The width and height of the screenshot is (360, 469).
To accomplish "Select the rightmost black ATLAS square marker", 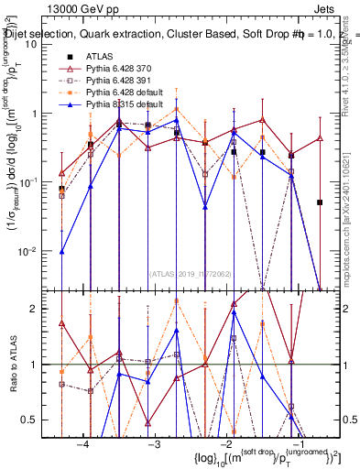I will [320, 202].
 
